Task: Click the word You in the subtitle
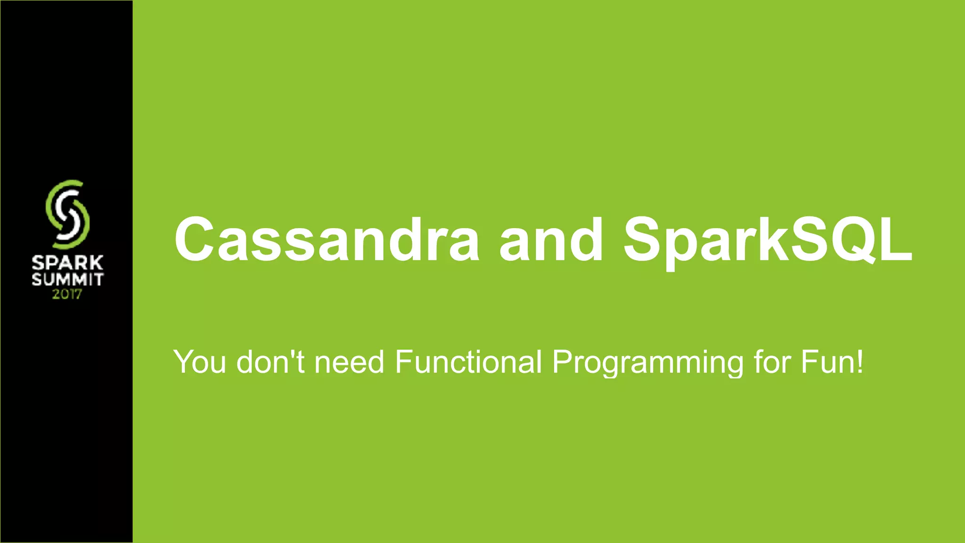[x=200, y=362]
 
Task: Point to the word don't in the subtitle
[x=270, y=362]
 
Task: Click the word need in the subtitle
[x=349, y=362]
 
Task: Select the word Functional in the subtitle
[x=468, y=362]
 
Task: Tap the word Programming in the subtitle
[x=648, y=362]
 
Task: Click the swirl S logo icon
[x=67, y=214]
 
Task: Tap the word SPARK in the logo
[x=67, y=263]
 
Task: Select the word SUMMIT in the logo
[x=67, y=280]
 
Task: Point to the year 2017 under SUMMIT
[x=67, y=295]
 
